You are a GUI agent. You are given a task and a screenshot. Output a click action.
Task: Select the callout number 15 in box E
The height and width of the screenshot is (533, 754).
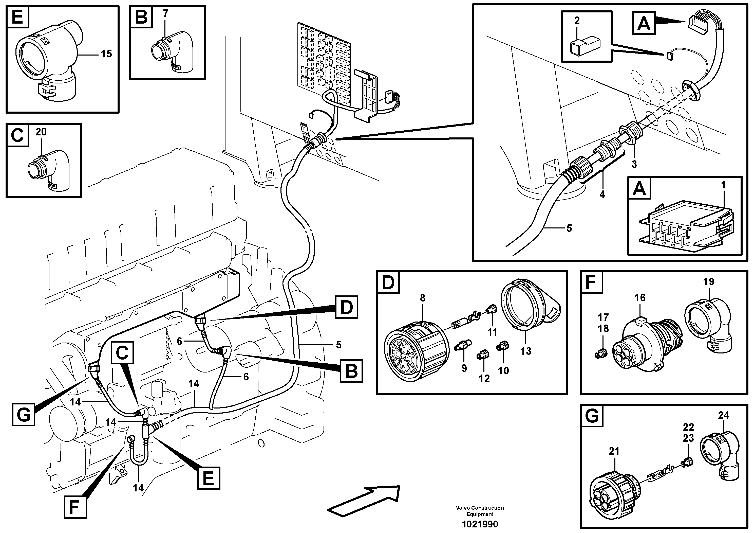coord(106,54)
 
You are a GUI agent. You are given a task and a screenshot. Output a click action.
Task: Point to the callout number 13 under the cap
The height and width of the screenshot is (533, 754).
coord(525,351)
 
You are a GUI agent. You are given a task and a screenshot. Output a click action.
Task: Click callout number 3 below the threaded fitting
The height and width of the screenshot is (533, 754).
coord(634,164)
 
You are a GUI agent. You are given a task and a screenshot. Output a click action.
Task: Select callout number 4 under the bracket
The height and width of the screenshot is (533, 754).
coord(602,194)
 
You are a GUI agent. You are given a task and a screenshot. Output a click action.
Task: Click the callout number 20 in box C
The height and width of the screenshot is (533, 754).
coord(41,132)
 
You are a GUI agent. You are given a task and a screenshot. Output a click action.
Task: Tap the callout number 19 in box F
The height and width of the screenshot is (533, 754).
coord(708,282)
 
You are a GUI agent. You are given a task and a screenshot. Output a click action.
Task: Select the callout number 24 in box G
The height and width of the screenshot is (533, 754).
coord(723,415)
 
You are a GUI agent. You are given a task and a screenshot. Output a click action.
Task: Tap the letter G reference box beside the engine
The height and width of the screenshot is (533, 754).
coord(24,415)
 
